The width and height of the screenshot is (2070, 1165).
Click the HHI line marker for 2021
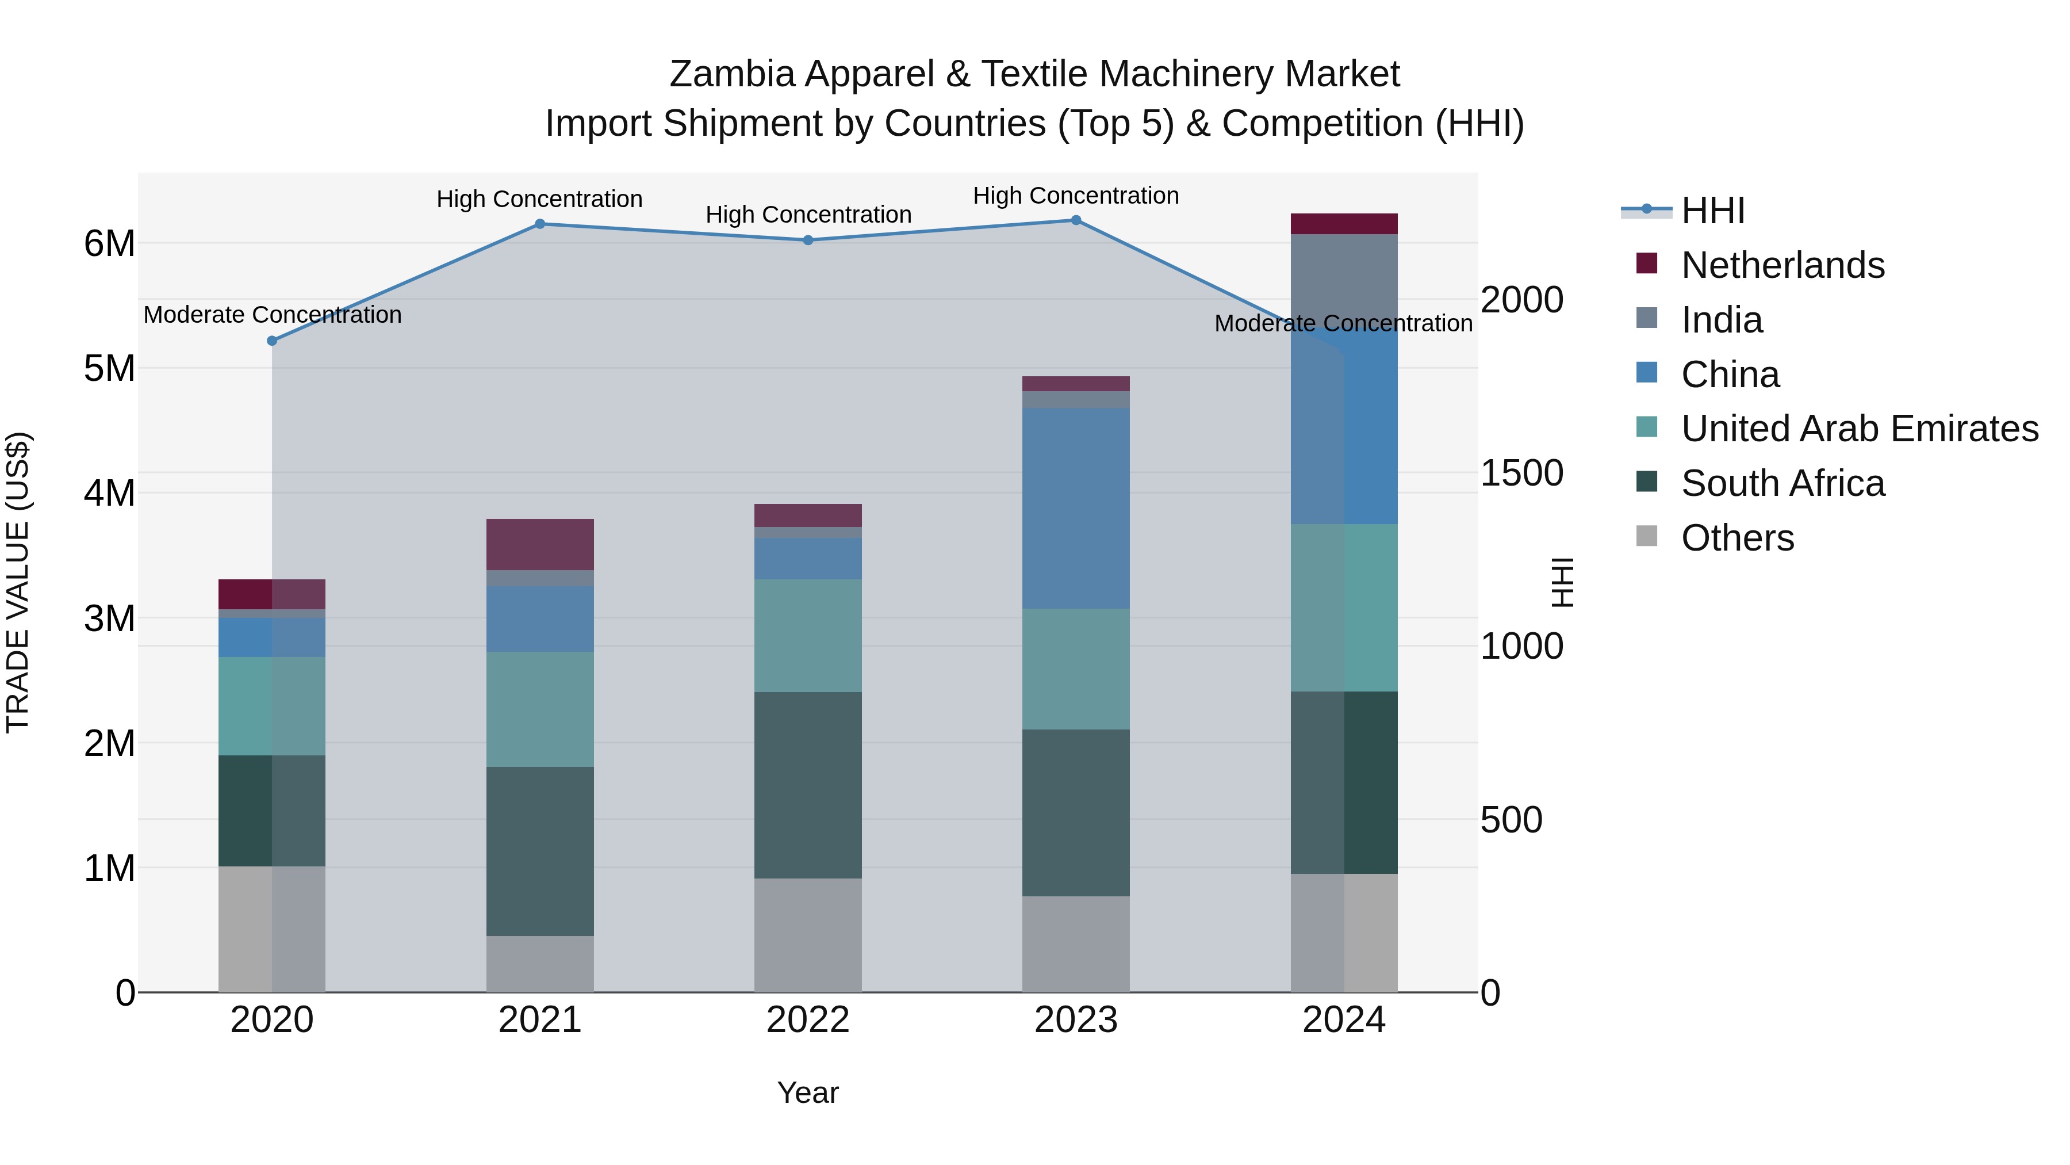point(540,224)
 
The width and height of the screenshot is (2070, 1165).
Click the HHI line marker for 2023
point(1076,220)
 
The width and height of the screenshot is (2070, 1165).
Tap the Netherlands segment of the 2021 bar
point(540,544)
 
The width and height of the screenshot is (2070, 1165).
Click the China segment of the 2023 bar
point(1076,508)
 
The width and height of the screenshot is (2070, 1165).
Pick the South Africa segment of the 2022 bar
point(808,785)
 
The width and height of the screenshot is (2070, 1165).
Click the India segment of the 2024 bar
point(1344,277)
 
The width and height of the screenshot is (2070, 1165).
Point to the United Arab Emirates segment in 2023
point(1076,669)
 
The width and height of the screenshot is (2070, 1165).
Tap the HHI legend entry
point(1712,211)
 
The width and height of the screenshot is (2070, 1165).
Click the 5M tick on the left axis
point(109,368)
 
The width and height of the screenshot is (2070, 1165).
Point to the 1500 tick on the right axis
point(1521,473)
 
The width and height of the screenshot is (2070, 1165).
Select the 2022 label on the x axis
point(808,1020)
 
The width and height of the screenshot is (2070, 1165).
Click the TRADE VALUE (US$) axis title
point(18,582)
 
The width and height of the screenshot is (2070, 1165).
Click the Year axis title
point(808,1093)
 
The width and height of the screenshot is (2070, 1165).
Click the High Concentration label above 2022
point(808,215)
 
